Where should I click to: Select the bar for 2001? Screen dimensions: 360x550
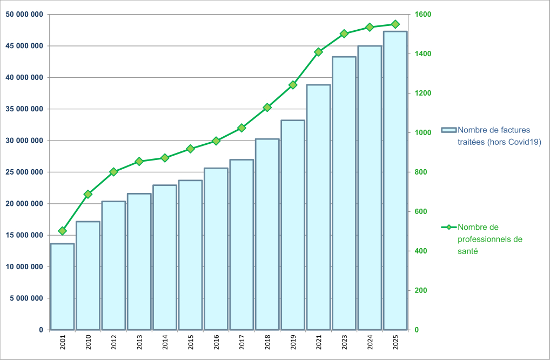(x=62, y=286)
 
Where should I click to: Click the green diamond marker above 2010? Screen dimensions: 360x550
(x=88, y=194)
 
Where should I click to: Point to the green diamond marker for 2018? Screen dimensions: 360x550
(x=267, y=108)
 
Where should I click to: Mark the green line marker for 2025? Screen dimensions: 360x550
(x=395, y=24)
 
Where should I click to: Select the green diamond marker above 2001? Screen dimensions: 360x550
(x=62, y=231)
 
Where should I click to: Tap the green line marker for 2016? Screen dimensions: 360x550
(x=216, y=141)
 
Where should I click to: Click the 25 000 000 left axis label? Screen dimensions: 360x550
(x=24, y=172)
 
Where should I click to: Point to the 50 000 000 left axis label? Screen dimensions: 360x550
(x=24, y=15)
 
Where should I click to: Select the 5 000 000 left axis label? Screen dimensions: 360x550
(x=26, y=298)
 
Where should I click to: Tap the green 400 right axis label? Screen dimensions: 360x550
(x=421, y=251)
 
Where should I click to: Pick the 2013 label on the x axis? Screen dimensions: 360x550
(x=139, y=343)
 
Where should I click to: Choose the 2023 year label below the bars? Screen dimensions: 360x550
(x=344, y=343)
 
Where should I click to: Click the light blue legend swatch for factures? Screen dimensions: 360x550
(x=449, y=130)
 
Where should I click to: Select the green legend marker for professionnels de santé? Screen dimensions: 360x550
(x=449, y=228)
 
